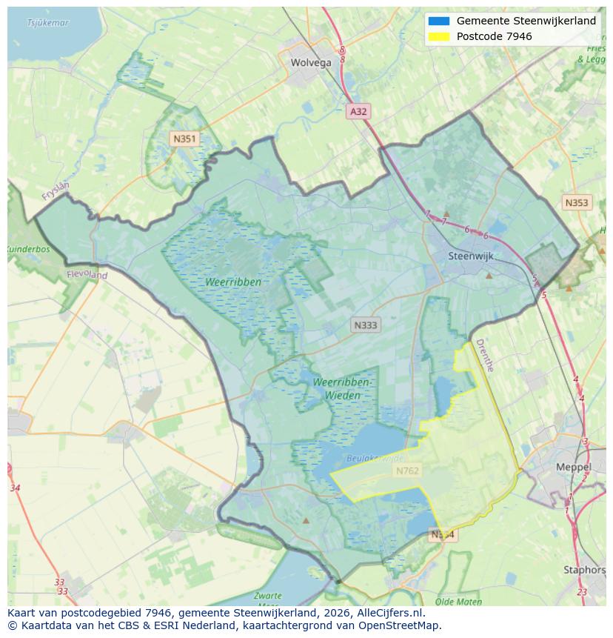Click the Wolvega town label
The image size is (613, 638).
point(311,63)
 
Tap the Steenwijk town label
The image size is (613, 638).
point(471,256)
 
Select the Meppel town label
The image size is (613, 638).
point(573,468)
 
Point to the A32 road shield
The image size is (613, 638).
point(358,111)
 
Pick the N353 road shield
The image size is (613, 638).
point(576,202)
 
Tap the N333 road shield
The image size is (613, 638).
point(366,325)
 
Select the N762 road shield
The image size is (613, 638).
point(407,471)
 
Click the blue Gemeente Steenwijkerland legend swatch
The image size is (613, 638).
point(438,21)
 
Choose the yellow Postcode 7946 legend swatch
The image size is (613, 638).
point(438,36)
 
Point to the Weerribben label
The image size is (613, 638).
point(234,282)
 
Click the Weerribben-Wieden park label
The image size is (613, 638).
point(342,388)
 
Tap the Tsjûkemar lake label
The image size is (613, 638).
point(47,23)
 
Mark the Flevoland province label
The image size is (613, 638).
point(87,275)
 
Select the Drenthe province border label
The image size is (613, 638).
point(484,355)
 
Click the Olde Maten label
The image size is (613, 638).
point(458,602)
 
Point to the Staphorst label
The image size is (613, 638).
point(585,570)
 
